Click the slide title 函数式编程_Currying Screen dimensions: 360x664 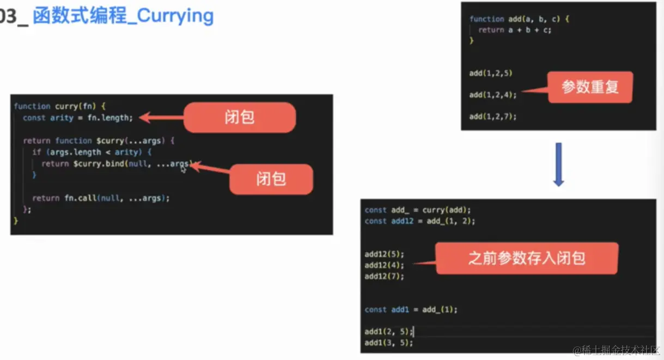click(123, 16)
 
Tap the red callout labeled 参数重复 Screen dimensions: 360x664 click(590, 87)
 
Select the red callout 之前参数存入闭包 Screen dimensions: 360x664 click(526, 258)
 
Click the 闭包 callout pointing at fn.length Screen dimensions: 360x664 click(240, 118)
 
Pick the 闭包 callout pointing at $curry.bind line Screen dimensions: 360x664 click(271, 179)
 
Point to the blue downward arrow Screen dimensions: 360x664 click(558, 164)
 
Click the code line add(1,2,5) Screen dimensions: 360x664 click(491, 73)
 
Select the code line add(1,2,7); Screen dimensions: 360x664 click(492, 116)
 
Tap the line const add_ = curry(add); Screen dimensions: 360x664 click(418, 210)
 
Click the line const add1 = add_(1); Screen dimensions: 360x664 click(411, 309)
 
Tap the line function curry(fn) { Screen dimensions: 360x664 click(63, 106)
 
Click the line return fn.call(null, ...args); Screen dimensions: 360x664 click(101, 198)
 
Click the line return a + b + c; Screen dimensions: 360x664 click(515, 30)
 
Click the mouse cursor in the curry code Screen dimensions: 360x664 click(184, 169)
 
